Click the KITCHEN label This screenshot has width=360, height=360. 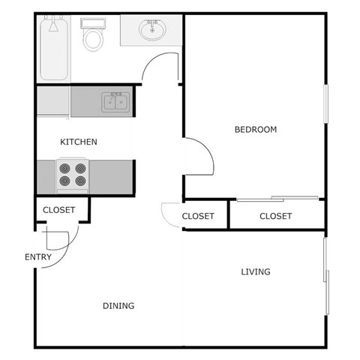tap(79, 142)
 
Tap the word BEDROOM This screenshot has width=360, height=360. tap(256, 130)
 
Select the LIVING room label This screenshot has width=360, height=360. tap(256, 271)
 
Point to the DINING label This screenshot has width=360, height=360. tap(118, 305)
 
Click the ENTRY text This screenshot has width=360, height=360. tap(38, 257)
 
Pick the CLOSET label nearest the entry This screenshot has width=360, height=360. tap(58, 210)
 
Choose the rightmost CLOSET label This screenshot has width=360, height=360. tap(275, 216)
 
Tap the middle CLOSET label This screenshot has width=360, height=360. tap(199, 216)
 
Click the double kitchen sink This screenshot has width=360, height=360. tap(115, 102)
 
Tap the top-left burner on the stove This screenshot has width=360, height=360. tap(64, 168)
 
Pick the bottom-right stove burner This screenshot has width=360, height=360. tap(80, 181)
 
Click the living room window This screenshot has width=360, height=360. tap(325, 275)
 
